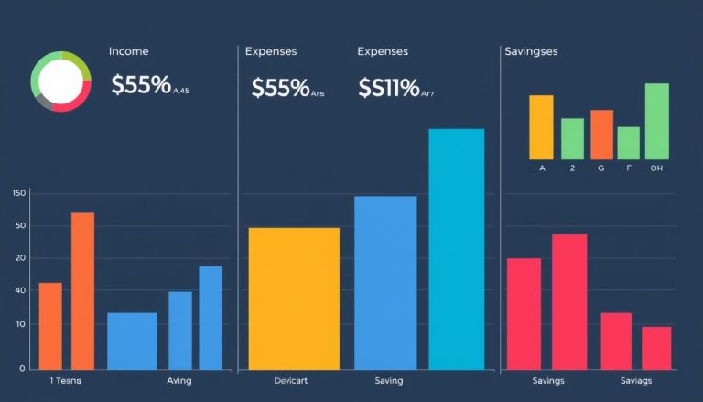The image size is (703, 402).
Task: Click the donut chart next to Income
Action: [x=61, y=82]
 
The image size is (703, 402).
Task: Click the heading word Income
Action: [x=128, y=52]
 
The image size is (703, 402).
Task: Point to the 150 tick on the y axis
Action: [x=19, y=193]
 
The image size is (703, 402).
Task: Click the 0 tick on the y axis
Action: [x=21, y=368]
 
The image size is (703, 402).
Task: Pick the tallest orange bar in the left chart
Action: [x=82, y=290]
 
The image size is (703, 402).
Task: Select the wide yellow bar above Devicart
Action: [x=294, y=299]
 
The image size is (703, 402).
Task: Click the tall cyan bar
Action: [x=456, y=249]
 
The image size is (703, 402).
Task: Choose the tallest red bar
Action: [x=569, y=301]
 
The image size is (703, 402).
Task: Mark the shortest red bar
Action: [x=656, y=348]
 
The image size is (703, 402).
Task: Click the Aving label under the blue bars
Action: [x=179, y=381]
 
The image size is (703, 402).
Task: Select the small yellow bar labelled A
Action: [x=541, y=127]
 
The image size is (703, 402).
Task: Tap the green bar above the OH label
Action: [x=657, y=121]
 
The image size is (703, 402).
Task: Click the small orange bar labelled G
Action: [x=601, y=135]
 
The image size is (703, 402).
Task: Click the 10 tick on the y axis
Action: [x=20, y=325]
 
